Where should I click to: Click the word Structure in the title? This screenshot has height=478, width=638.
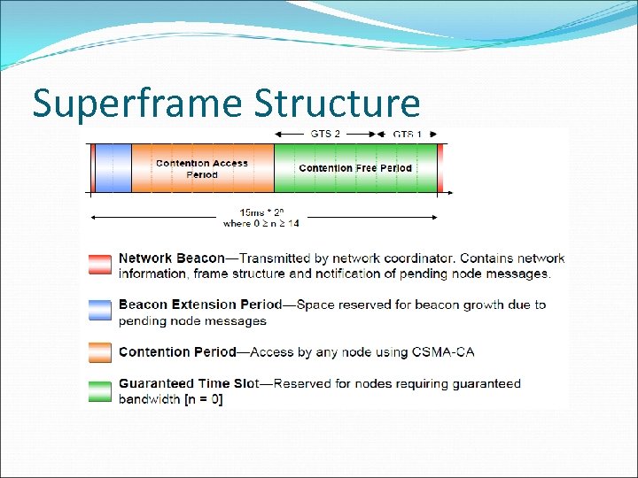(337, 103)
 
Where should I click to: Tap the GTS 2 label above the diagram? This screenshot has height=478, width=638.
(325, 134)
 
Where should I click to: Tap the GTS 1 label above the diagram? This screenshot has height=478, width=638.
(408, 134)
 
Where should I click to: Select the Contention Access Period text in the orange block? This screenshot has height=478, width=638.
(202, 168)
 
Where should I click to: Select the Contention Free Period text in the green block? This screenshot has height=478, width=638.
(355, 168)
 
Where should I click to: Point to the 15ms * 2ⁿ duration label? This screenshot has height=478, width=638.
(261, 212)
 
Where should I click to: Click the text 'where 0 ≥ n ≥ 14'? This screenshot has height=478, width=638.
(261, 224)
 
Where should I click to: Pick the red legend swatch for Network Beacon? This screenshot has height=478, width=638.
(100, 265)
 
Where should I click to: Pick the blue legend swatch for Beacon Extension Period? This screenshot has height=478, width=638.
(100, 311)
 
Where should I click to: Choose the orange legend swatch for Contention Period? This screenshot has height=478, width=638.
(100, 352)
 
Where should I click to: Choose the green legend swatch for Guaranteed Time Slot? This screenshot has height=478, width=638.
(100, 391)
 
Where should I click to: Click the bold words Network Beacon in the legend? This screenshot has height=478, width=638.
(172, 258)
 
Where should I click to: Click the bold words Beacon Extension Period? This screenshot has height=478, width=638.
(199, 305)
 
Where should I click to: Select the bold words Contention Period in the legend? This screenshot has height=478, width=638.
(177, 352)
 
